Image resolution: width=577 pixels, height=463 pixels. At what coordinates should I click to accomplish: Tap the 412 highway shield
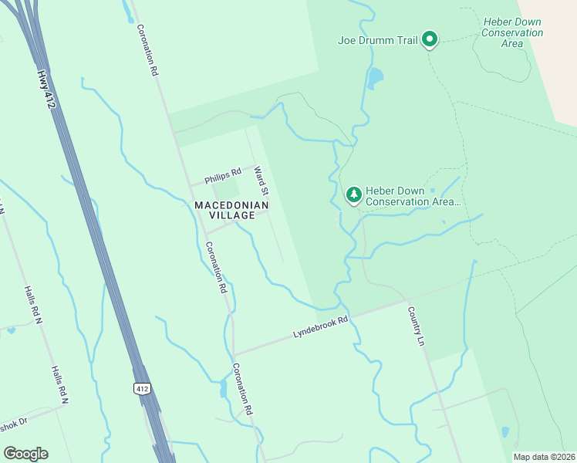(141, 387)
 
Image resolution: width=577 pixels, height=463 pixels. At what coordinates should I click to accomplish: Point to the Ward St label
(261, 180)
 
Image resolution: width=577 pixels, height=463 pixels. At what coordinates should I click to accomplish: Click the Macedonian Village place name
(231, 210)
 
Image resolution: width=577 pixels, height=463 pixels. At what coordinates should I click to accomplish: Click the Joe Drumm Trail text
(376, 41)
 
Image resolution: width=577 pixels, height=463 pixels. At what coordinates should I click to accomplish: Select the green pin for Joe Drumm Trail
(430, 39)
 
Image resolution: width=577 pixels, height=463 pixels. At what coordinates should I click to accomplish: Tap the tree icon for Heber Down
(353, 194)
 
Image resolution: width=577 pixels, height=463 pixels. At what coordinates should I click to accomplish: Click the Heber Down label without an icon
(512, 33)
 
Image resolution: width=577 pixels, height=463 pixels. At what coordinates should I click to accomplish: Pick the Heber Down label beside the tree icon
(413, 196)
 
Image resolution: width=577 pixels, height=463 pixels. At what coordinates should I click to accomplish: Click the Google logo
(25, 454)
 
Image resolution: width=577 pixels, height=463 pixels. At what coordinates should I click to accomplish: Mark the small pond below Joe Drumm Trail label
(375, 77)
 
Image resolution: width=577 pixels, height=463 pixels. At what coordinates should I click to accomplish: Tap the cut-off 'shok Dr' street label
(13, 424)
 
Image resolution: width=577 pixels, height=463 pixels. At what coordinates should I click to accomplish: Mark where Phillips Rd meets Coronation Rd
(191, 186)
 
